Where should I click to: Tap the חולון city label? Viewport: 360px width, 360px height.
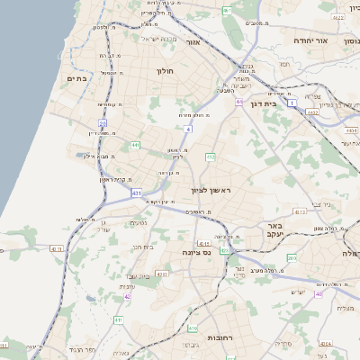click(x=164, y=70)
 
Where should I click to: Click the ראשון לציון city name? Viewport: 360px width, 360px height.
click(x=211, y=191)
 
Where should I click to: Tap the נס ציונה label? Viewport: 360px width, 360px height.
click(x=195, y=253)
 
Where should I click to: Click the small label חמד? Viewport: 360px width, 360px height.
click(x=284, y=64)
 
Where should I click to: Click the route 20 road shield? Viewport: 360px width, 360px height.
click(x=103, y=122)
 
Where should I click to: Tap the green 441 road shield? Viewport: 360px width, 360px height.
click(x=134, y=145)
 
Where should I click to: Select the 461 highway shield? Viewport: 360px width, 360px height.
click(x=227, y=10)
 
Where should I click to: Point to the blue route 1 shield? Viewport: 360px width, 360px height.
click(x=292, y=103)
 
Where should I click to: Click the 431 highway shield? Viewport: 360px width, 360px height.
click(x=136, y=193)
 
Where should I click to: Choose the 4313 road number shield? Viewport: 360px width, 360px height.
click(x=300, y=212)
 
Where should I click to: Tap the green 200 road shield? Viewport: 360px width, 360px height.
click(x=292, y=257)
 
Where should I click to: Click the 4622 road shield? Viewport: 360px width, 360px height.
click(x=337, y=16)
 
